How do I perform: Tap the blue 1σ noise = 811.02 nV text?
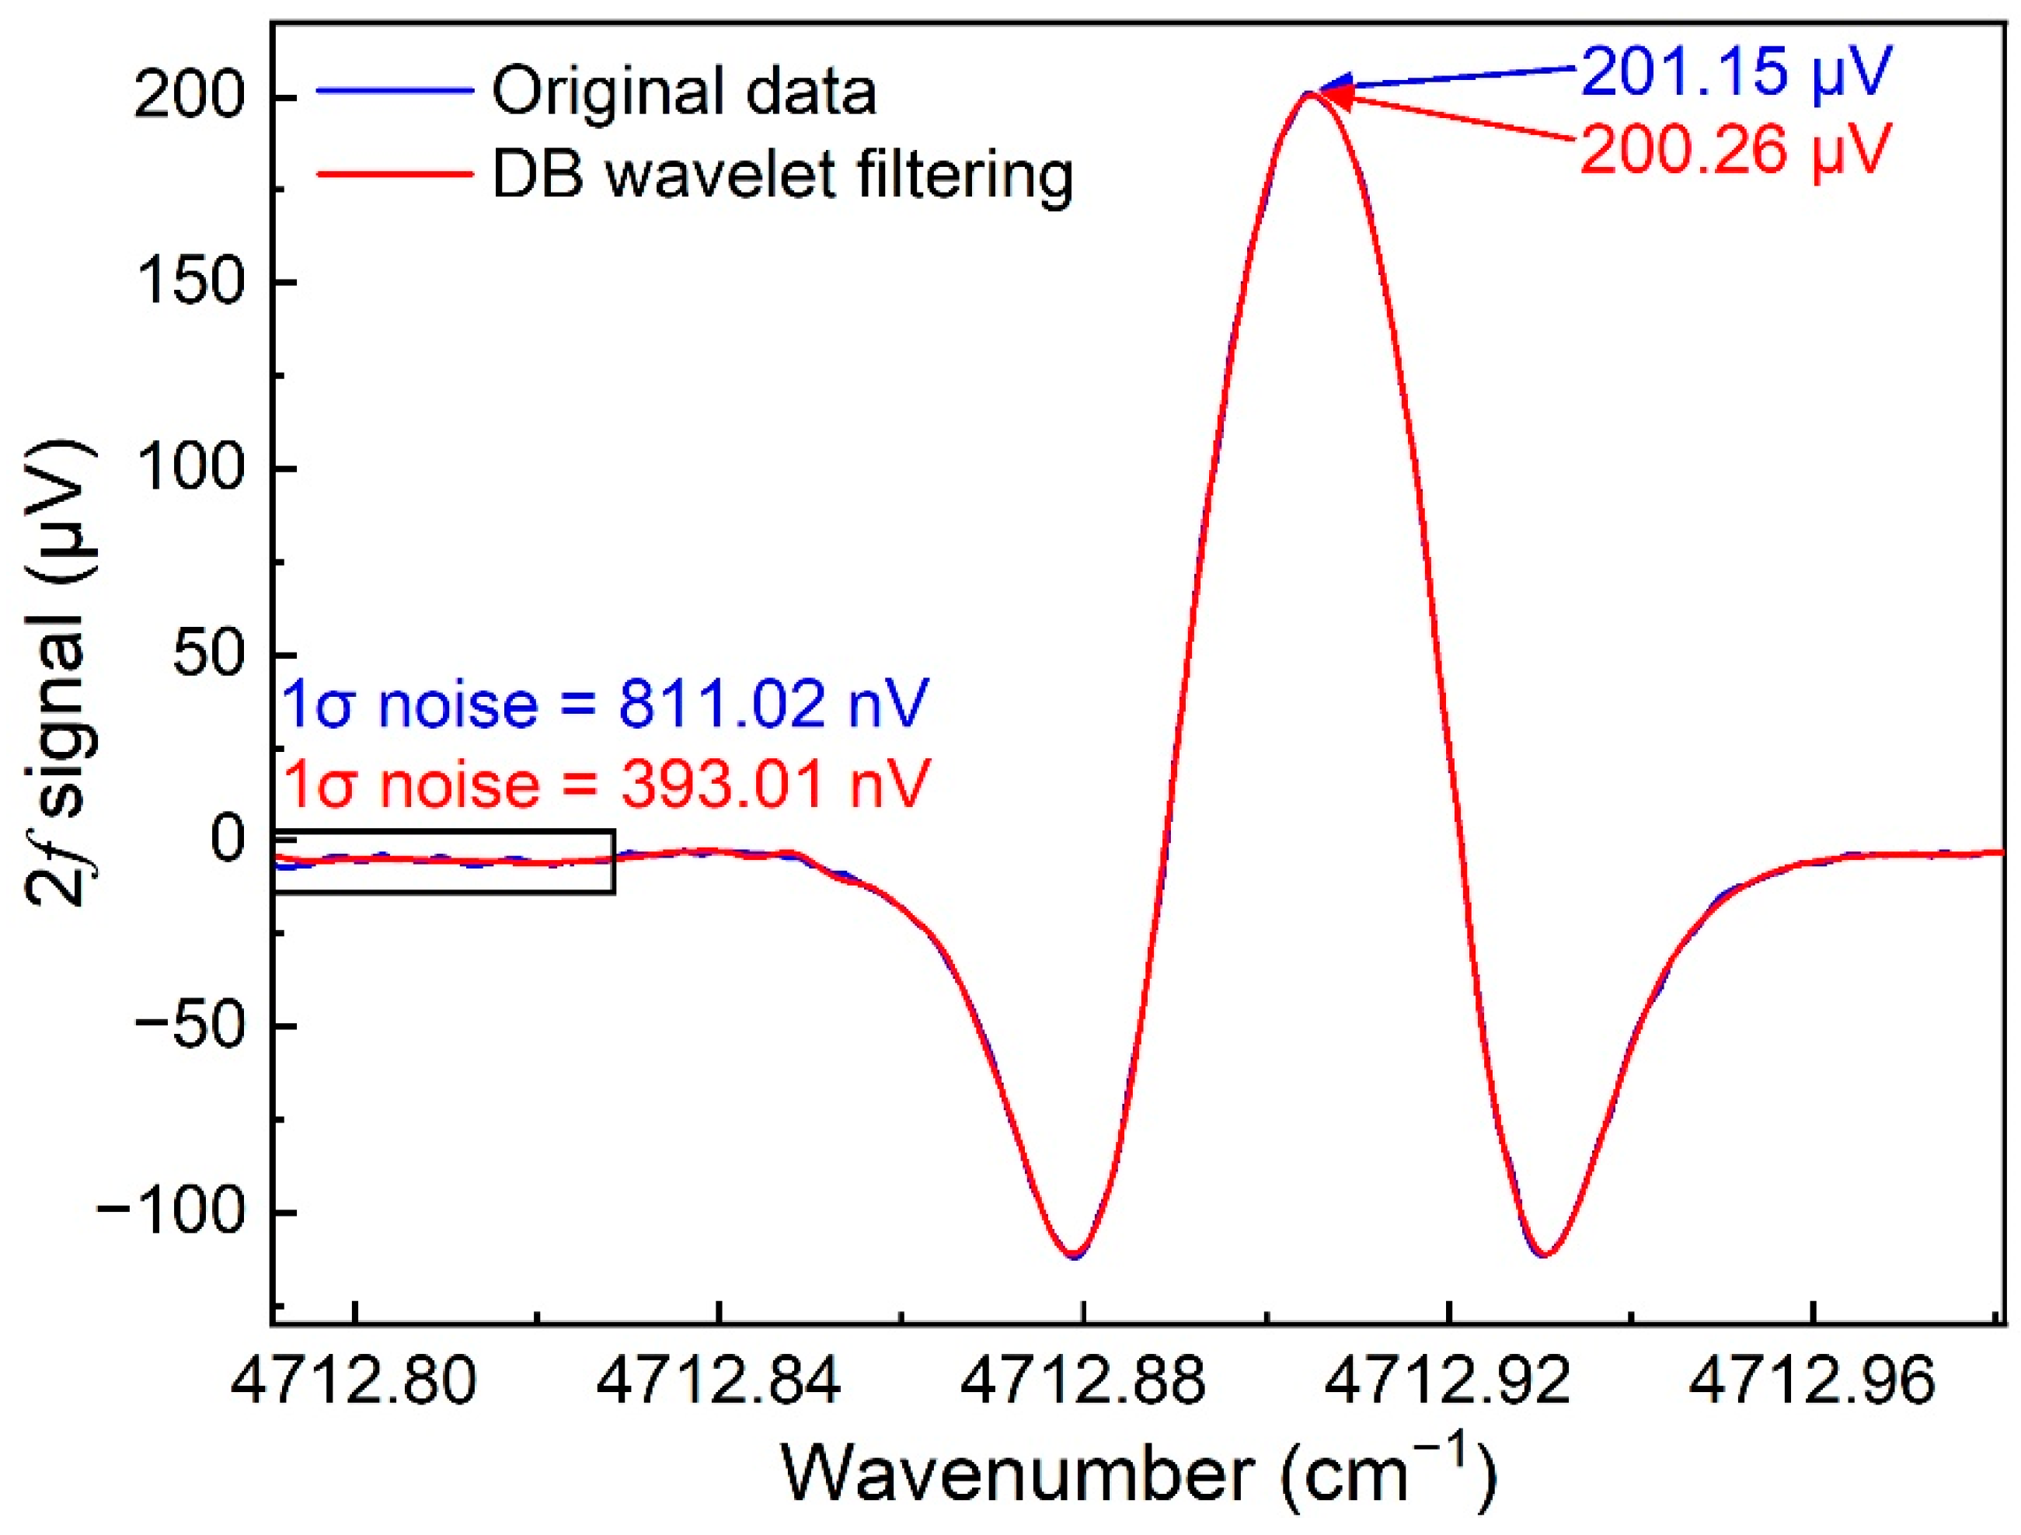(x=605, y=704)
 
